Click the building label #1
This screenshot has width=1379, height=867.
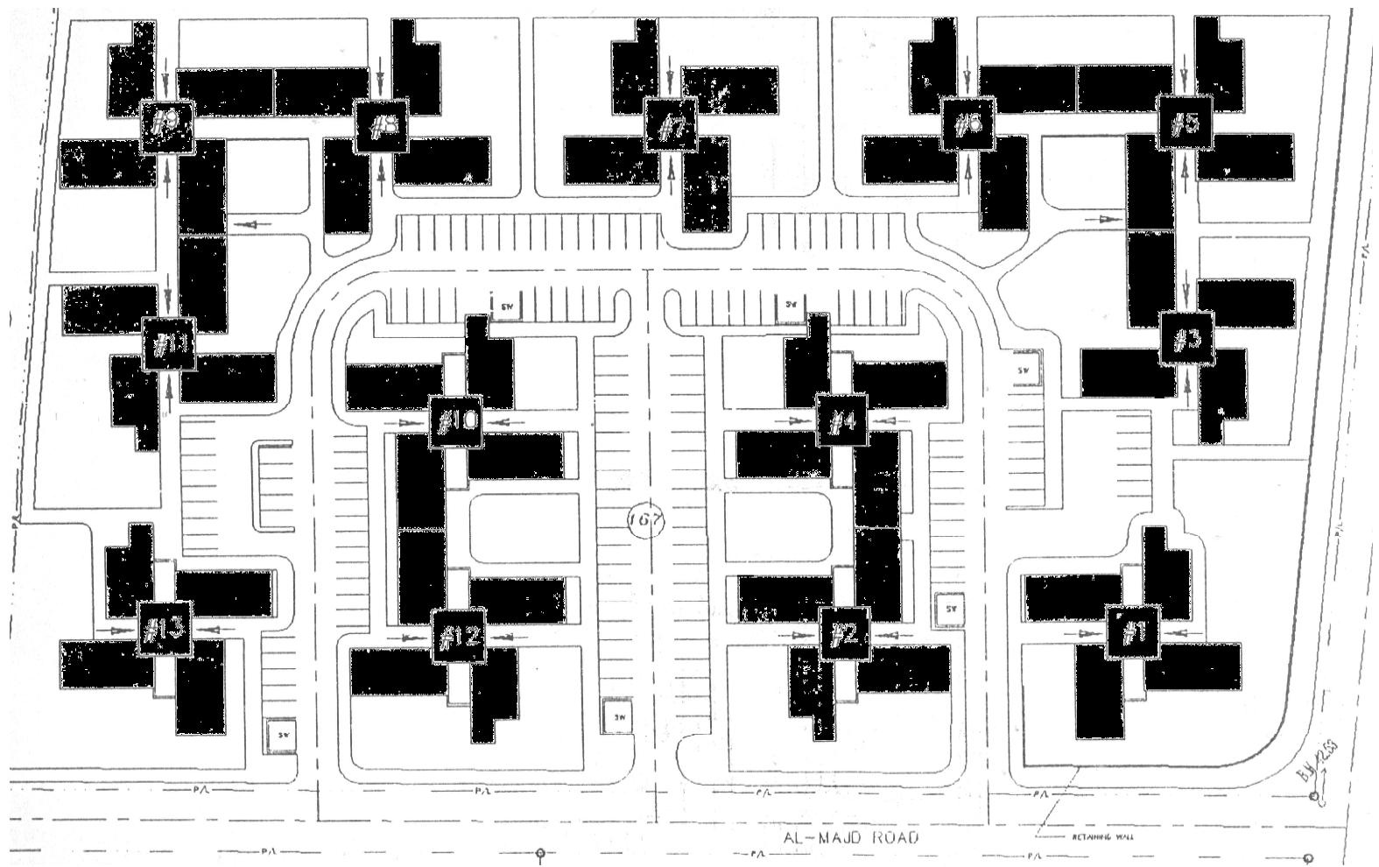[1134, 631]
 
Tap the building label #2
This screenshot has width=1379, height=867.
[844, 634]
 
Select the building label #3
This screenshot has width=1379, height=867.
[1186, 339]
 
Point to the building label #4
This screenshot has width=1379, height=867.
[841, 422]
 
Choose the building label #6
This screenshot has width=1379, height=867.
[967, 124]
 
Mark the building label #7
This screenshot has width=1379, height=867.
[671, 126]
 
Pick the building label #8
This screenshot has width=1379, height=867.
[382, 127]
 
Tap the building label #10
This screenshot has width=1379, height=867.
[456, 422]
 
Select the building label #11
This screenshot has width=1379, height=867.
[168, 342]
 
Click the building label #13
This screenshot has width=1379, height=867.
[164, 628]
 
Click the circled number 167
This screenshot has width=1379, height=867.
[647, 519]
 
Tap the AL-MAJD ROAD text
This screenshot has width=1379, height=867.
[851, 837]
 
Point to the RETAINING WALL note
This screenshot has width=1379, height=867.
[1102, 837]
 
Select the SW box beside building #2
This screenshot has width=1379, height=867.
[950, 610]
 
